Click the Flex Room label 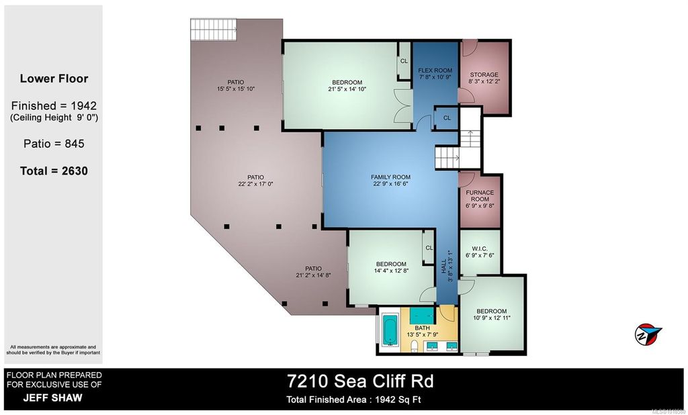pyautogui.click(x=435, y=70)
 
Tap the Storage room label pyautogui.click(x=484, y=75)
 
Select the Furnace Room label pyautogui.click(x=480, y=196)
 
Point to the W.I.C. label pyautogui.click(x=480, y=248)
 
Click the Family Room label pyautogui.click(x=390, y=177)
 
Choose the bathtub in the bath pyautogui.click(x=389, y=331)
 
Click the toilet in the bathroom pyautogui.click(x=416, y=346)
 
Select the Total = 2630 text pyautogui.click(x=54, y=171)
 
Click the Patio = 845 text pyautogui.click(x=54, y=143)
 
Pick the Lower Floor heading pyautogui.click(x=54, y=79)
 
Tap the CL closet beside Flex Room pyautogui.click(x=446, y=118)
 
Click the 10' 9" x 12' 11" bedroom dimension pyautogui.click(x=492, y=319)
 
